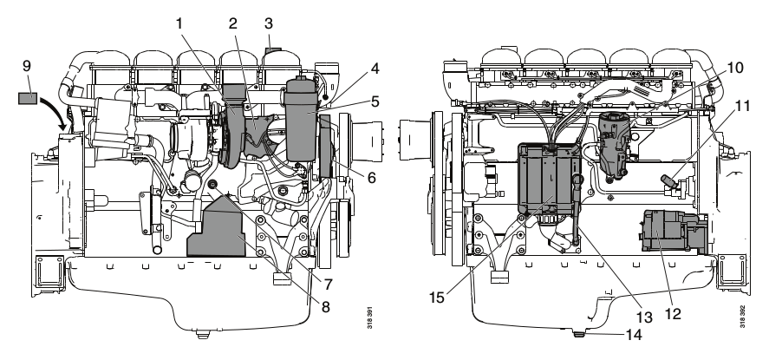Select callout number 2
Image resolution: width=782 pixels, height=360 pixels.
[x=232, y=25]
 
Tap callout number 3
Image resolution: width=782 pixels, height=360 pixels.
[x=269, y=25]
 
